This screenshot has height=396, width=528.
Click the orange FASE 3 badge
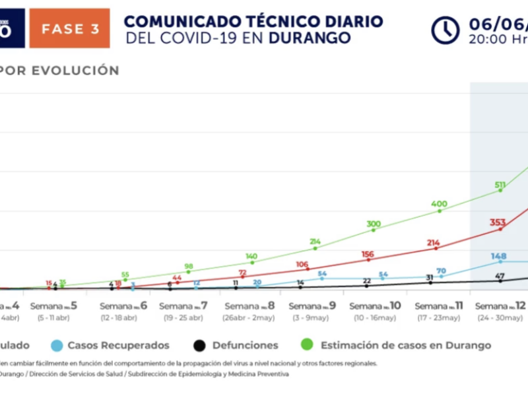pyautogui.click(x=69, y=28)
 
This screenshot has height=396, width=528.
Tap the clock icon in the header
pyautogui.click(x=445, y=30)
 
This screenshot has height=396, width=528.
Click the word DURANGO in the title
pyautogui.click(x=310, y=38)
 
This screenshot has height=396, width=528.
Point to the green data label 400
pyautogui.click(x=440, y=204)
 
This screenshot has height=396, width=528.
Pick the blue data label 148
pyautogui.click(x=499, y=256)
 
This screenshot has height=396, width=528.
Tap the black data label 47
pyautogui.click(x=500, y=276)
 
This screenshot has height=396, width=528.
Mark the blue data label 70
pyautogui.click(x=441, y=271)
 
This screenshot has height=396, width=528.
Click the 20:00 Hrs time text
pyautogui.click(x=497, y=38)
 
